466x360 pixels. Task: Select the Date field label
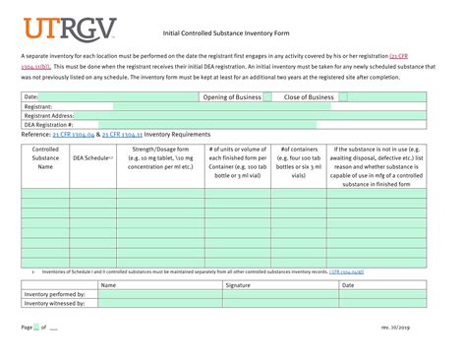tap(30, 97)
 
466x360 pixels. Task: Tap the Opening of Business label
tap(232, 97)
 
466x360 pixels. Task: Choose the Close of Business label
tap(309, 97)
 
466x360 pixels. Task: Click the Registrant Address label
tap(49, 115)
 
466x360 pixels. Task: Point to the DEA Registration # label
tap(48, 124)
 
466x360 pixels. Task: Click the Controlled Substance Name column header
tap(45, 158)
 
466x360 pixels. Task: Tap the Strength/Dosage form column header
tap(158, 158)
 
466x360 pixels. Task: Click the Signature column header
tap(238, 284)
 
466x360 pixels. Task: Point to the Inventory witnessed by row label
tap(54, 302)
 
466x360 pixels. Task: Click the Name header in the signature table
tap(108, 284)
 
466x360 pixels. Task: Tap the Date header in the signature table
tap(348, 284)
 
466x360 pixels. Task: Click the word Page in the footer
tap(27, 326)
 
